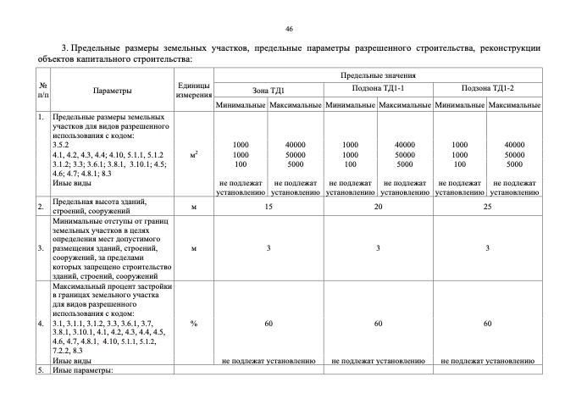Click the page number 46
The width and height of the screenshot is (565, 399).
289,29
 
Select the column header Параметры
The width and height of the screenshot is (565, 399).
113,89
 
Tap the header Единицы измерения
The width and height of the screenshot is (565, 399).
194,90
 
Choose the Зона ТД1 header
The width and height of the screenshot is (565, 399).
268,89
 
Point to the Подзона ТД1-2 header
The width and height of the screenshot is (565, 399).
487,89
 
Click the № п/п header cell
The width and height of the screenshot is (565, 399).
42,90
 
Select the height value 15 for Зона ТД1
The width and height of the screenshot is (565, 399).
268,206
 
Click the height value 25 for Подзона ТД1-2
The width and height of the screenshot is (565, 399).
487,206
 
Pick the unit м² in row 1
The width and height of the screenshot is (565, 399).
194,155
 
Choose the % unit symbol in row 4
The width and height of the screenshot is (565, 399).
194,324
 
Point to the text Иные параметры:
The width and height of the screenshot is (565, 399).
82,371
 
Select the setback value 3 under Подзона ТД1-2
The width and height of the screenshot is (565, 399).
487,248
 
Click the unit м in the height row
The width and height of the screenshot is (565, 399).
194,206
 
